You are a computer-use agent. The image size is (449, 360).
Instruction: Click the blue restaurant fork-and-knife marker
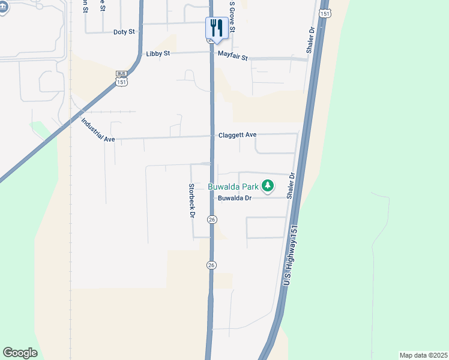tap(217, 27)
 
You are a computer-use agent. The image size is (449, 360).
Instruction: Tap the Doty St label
tap(124, 32)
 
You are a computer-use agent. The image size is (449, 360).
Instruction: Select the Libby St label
tap(158, 53)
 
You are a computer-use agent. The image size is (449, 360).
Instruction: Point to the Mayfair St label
tap(233, 58)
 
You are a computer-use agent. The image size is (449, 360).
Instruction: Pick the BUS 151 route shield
tap(122, 77)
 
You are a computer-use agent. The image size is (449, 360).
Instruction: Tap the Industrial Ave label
tap(98, 130)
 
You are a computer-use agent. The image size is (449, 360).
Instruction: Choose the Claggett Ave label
tap(237, 135)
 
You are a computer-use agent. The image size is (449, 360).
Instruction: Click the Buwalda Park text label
tap(234, 186)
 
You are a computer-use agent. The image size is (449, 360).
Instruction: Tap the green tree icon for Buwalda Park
tap(268, 186)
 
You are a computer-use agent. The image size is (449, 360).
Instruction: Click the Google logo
tap(20, 353)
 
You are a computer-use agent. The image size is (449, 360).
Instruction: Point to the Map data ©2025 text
tap(423, 355)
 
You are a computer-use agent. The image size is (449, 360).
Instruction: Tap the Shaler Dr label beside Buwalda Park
tap(291, 186)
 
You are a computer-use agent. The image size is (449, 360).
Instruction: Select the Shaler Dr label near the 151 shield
tap(311, 40)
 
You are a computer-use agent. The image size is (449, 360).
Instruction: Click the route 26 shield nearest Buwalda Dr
tap(212, 220)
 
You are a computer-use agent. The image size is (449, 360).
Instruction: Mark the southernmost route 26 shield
tap(212, 265)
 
